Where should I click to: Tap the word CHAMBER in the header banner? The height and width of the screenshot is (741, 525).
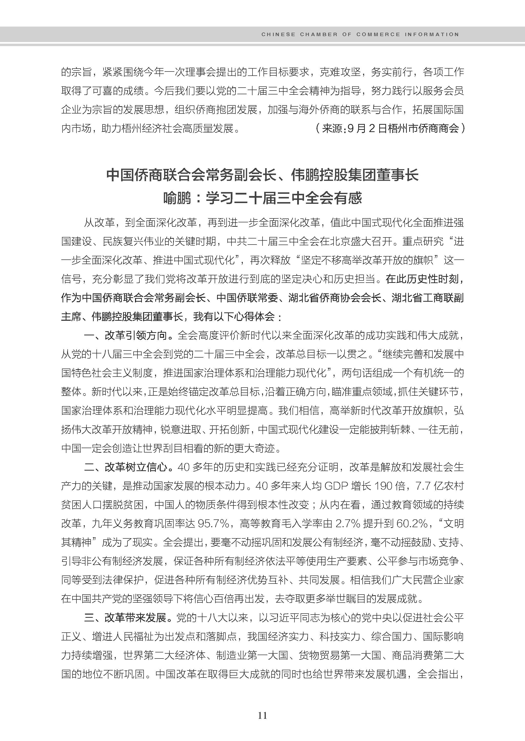[318, 34]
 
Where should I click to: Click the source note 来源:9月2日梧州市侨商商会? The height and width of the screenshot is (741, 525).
[390, 128]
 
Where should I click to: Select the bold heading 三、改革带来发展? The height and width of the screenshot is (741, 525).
[130, 617]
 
